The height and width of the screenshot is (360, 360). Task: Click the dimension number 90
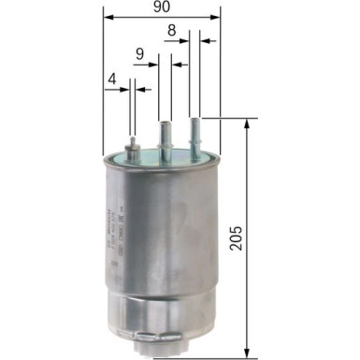pyautogui.click(x=163, y=7)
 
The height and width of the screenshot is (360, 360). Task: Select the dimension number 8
pyautogui.click(x=172, y=30)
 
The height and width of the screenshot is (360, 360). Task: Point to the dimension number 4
pyautogui.click(x=111, y=80)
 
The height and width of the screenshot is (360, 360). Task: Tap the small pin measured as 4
pyautogui.click(x=135, y=146)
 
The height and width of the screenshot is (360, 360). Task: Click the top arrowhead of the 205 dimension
pyautogui.click(x=248, y=123)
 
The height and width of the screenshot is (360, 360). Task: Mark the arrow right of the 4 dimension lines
pyautogui.click(x=143, y=90)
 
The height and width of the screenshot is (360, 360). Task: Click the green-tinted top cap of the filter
pyautogui.click(x=165, y=156)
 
